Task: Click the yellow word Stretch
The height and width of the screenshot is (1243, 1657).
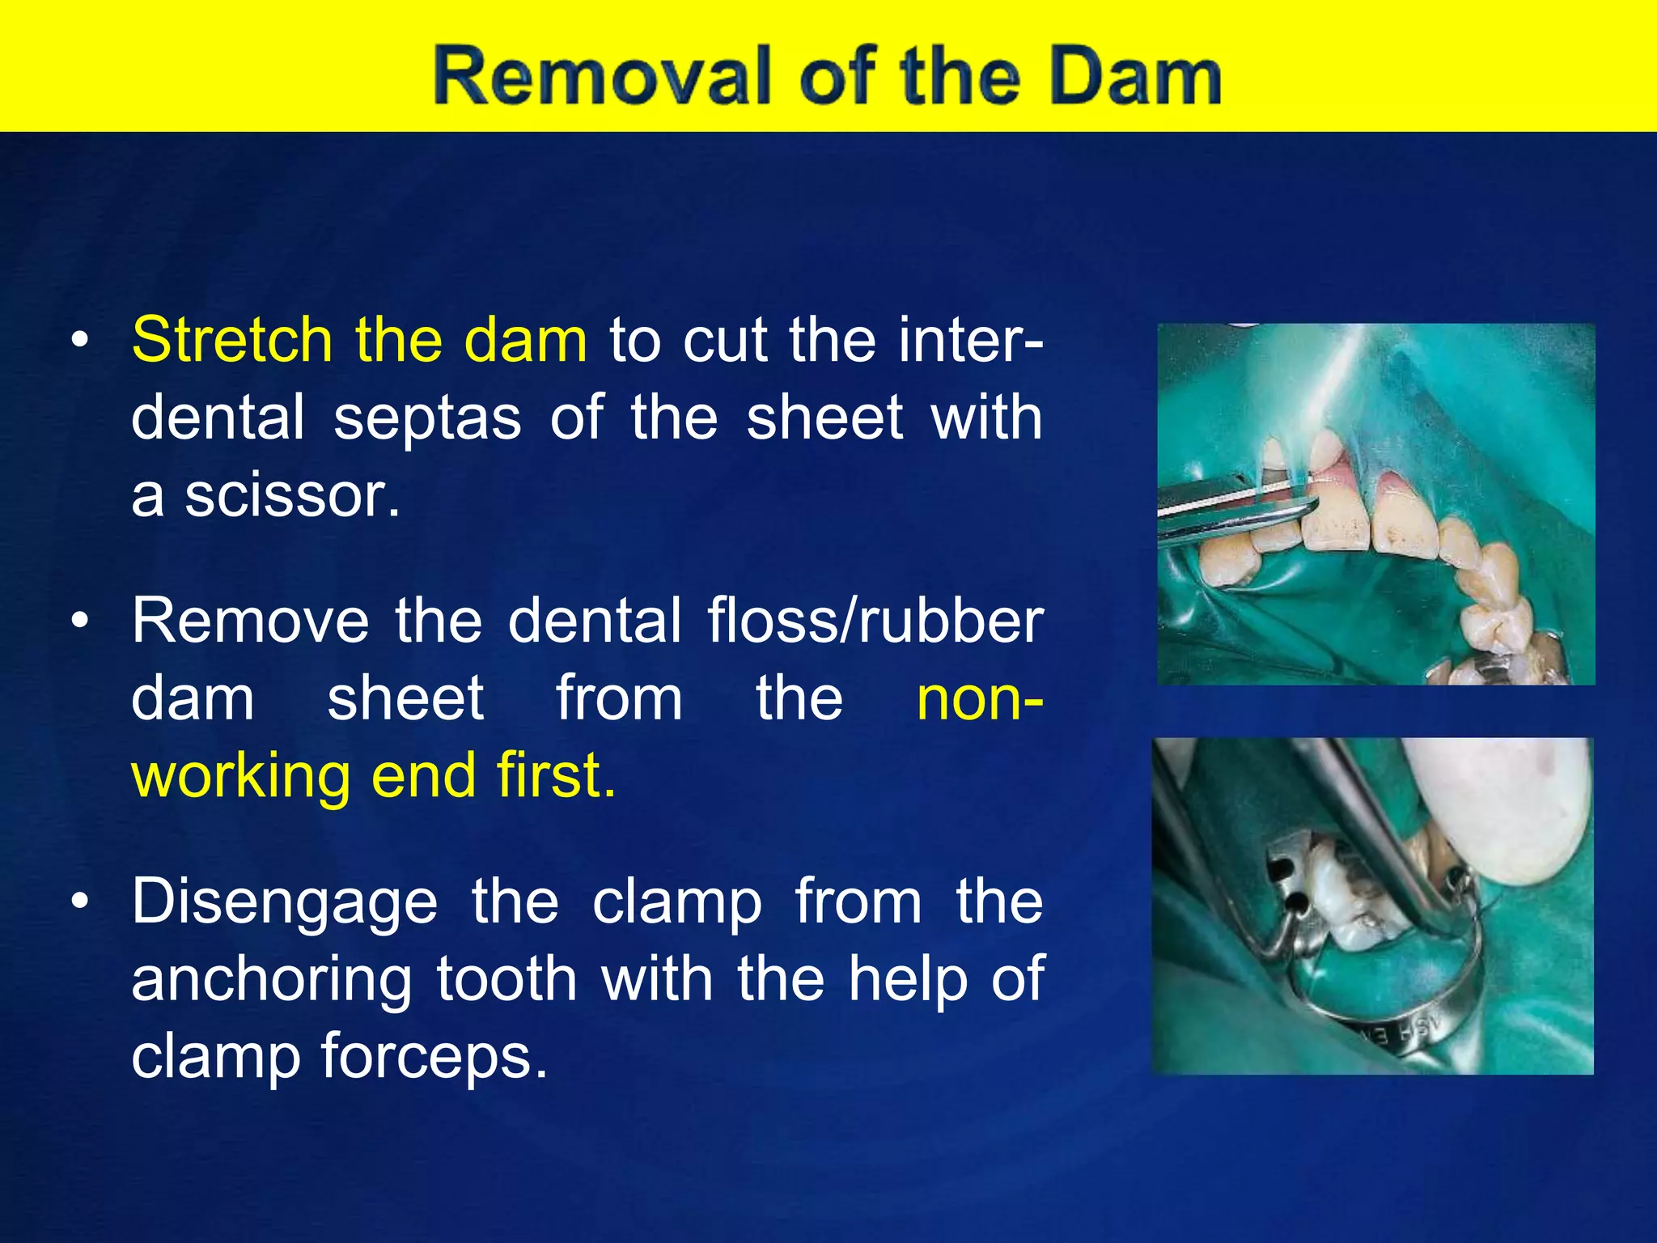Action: (231, 340)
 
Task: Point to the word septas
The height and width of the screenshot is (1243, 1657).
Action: (427, 418)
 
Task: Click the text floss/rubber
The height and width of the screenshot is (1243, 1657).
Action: (875, 621)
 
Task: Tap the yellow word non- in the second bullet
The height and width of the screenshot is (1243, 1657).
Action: (979, 698)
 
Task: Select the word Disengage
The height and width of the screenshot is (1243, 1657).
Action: (285, 902)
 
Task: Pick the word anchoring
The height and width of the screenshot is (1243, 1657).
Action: (271, 979)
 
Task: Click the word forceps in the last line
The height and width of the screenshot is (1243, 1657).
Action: (434, 1056)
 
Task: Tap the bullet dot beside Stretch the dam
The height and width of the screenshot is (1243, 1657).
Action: (78, 342)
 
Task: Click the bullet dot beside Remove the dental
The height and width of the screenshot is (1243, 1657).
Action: (78, 621)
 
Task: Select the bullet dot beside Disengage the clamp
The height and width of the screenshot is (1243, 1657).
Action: (78, 901)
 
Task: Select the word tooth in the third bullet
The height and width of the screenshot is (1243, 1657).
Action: (506, 979)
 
